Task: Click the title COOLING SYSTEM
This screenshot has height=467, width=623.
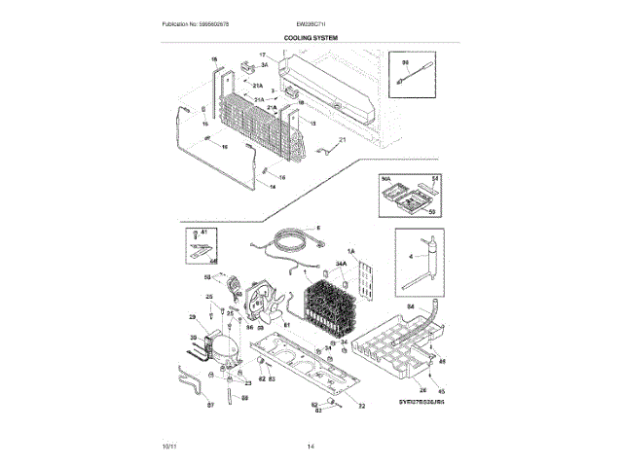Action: [x=311, y=37]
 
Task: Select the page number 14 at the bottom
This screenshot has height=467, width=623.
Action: [x=311, y=446]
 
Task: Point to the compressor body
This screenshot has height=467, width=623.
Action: [x=215, y=352]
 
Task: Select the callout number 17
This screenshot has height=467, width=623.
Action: [x=263, y=55]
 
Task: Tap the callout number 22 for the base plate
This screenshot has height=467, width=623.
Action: [x=361, y=406]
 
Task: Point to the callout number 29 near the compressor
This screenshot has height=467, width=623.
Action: [x=193, y=318]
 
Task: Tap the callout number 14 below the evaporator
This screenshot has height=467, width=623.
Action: [x=273, y=187]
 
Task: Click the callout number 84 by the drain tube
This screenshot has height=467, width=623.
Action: [x=410, y=306]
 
